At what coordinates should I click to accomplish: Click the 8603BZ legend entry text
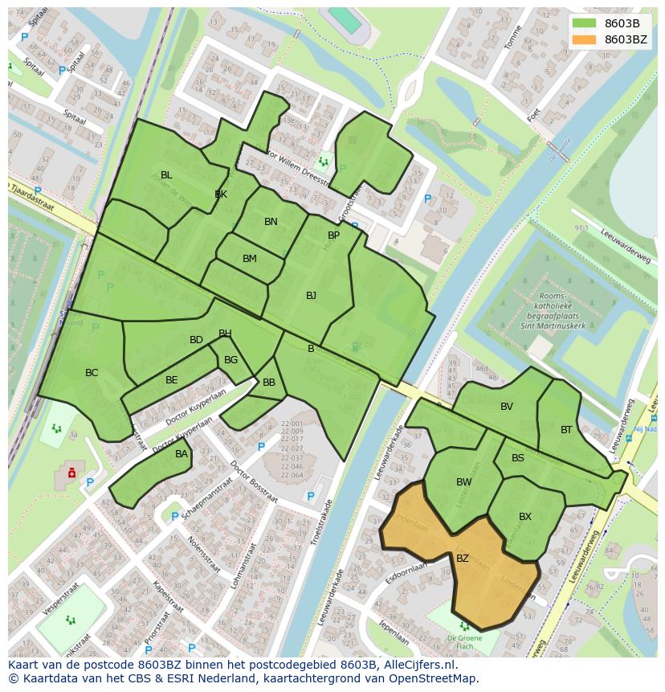point(626,39)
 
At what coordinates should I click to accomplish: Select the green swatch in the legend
point(585,23)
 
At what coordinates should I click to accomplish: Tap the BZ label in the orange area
point(463,558)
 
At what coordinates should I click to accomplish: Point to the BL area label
point(166,174)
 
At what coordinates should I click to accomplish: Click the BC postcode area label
point(92,373)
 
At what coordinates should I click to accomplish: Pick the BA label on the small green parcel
point(182,454)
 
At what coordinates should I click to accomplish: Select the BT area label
point(567,430)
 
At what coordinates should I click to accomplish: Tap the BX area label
point(525,517)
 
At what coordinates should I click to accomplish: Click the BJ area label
point(311,296)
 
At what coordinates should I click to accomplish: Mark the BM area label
point(250,259)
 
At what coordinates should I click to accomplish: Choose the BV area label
point(506,407)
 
